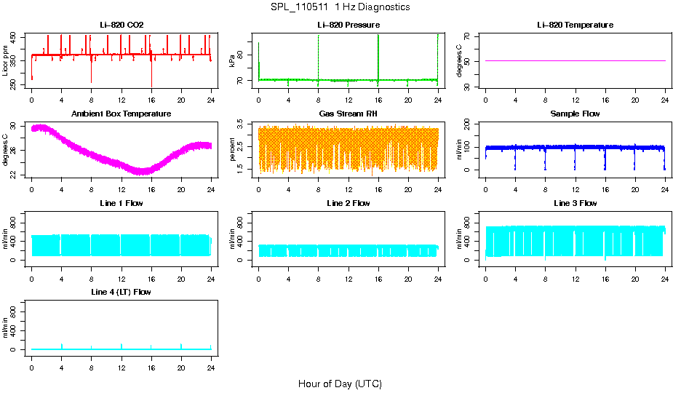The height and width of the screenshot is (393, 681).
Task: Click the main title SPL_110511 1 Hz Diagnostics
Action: pos(340,7)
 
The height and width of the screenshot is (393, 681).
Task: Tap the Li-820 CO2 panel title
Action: pos(122,25)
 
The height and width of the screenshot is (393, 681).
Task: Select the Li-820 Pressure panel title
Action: pos(348,25)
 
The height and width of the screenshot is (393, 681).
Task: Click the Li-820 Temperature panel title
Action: pos(575,25)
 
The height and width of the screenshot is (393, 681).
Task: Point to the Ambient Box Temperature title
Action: pos(122,114)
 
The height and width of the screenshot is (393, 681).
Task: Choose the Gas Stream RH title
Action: pos(348,114)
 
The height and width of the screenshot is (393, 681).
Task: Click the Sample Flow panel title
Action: pos(575,114)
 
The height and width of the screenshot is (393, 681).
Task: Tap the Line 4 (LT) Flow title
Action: pos(122,292)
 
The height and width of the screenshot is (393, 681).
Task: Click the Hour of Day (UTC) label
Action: pos(340,384)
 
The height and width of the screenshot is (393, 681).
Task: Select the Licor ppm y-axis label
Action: pos(6,61)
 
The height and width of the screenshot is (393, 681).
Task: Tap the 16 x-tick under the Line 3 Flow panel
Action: pos(605,269)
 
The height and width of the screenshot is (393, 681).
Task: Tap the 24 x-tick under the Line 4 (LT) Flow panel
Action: pos(211,358)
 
